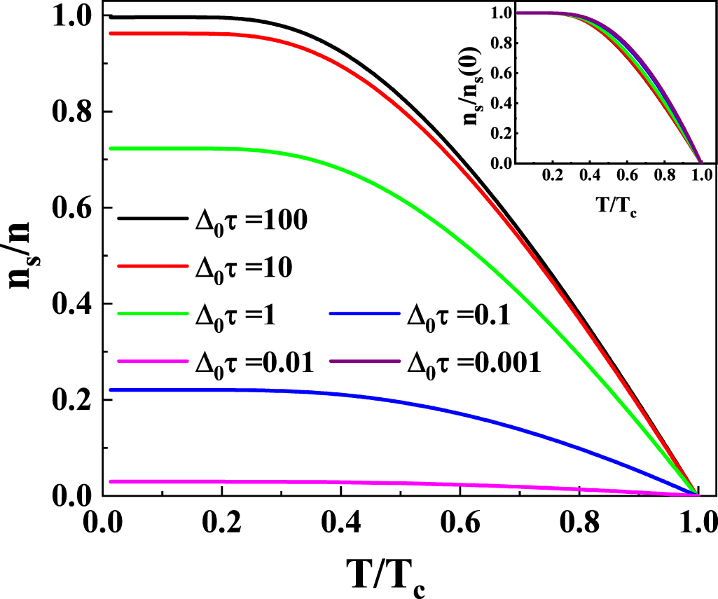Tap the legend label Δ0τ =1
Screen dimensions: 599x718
(x=235, y=316)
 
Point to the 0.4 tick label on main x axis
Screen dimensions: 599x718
(x=340, y=523)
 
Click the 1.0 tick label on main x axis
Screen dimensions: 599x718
(x=696, y=523)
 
